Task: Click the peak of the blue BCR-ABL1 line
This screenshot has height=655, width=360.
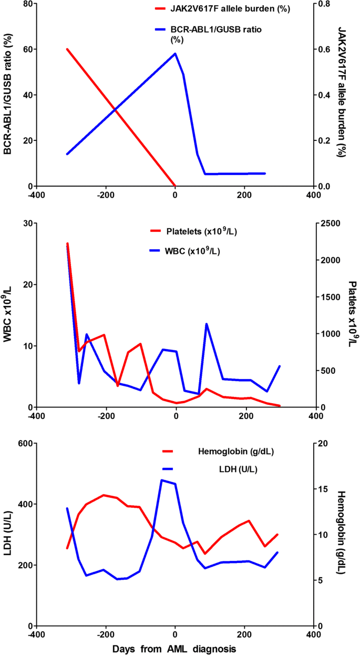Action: (175, 53)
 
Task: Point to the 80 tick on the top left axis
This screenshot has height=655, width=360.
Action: (25, 4)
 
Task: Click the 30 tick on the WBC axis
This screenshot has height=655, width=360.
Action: (25, 223)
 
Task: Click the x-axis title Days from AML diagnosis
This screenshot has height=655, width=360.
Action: (174, 649)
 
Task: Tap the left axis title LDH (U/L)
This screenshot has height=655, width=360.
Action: (8, 535)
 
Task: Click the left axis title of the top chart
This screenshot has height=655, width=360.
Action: (8, 95)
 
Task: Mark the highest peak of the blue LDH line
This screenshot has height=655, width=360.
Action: (161, 479)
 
